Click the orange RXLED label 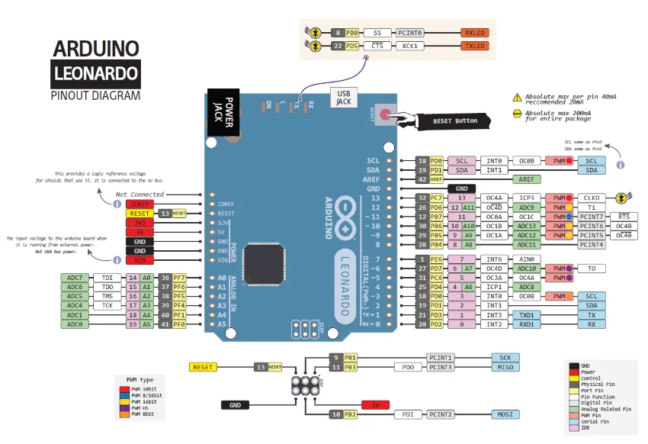[474, 34]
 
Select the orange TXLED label [474, 46]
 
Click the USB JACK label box [344, 96]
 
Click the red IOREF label [140, 204]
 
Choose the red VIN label [140, 260]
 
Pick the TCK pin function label [107, 305]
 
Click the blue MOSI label [505, 414]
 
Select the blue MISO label [505, 367]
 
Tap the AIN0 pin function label [494, 259]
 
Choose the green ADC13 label [528, 226]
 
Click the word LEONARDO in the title [96, 73]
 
